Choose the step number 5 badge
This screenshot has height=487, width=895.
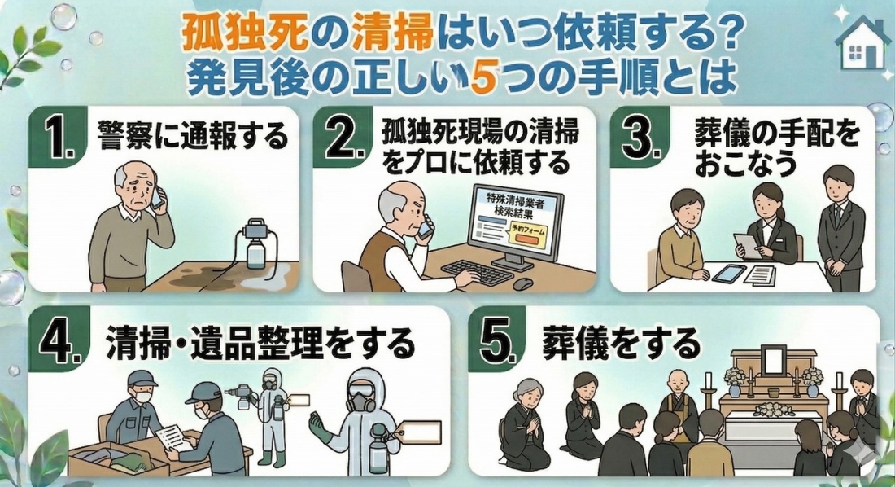tap(496, 343)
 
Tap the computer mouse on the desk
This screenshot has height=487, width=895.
tap(523, 283)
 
